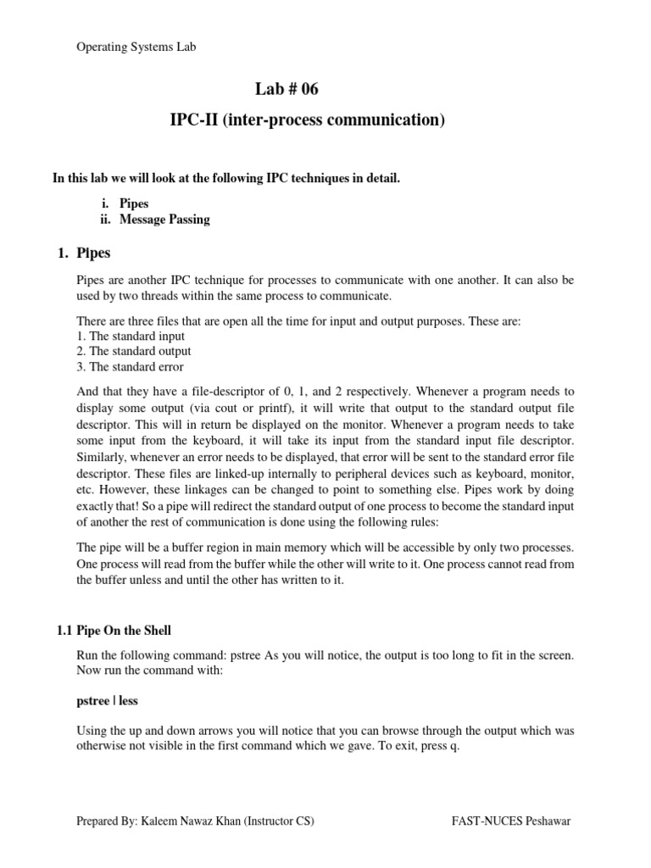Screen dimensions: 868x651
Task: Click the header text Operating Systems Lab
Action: (136, 47)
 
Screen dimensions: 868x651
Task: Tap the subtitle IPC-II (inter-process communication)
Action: (307, 120)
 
